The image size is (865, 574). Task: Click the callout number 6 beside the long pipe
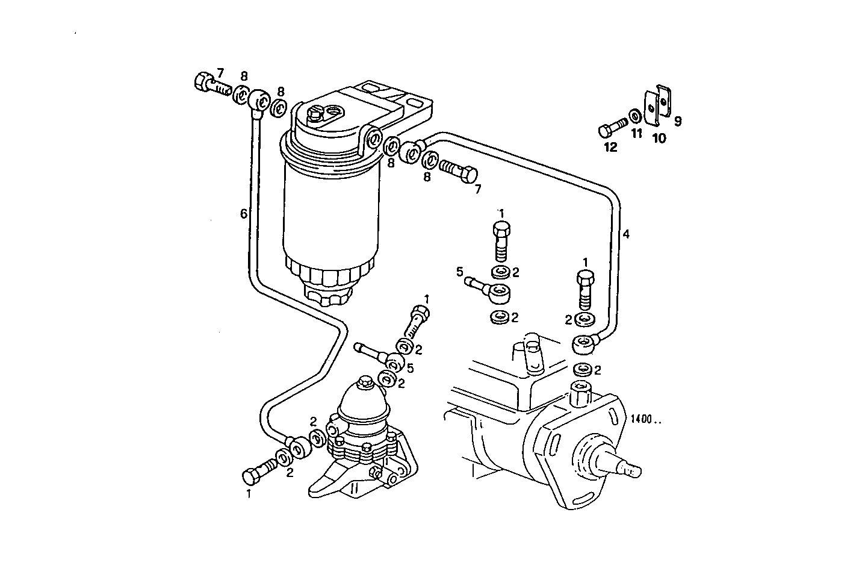(x=243, y=213)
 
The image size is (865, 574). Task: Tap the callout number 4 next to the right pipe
(x=626, y=234)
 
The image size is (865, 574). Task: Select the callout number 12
(x=610, y=147)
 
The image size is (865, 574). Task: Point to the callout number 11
(x=637, y=134)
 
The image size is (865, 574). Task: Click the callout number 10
(x=659, y=139)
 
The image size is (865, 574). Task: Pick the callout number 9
(x=677, y=122)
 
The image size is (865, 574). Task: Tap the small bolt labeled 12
(x=611, y=130)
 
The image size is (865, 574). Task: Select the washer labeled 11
(x=635, y=115)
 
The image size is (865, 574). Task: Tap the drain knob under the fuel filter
(x=327, y=295)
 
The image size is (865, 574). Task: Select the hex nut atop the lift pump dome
(x=364, y=382)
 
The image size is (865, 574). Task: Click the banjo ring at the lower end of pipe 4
(x=582, y=345)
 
